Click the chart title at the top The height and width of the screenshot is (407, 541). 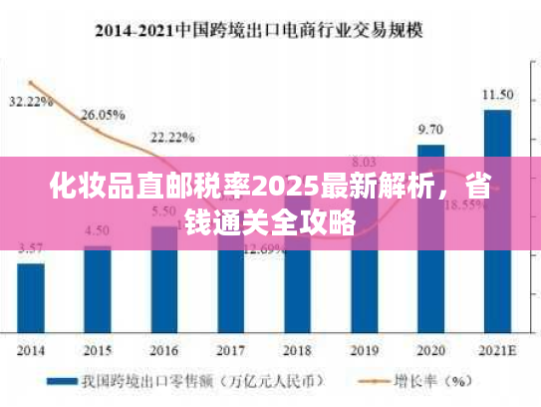[x=270, y=29]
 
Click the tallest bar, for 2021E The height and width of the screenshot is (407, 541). [x=496, y=219]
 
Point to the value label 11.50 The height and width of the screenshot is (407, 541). [x=497, y=95]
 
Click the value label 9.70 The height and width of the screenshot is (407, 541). [x=430, y=130]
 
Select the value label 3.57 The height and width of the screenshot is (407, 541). [x=31, y=247]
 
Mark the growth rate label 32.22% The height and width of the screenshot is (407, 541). [x=31, y=102]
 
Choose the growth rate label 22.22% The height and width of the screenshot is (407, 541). [x=172, y=136]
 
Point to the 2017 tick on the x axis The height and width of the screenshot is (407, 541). [x=230, y=350]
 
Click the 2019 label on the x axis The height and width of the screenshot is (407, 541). [x=364, y=350]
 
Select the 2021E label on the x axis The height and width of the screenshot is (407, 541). [x=497, y=350]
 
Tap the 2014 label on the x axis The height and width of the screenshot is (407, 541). [x=31, y=350]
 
